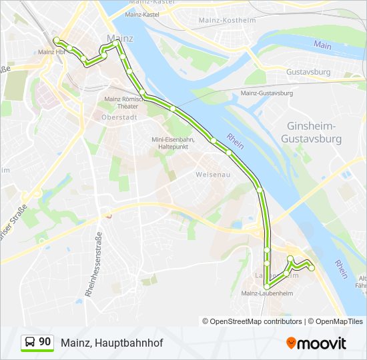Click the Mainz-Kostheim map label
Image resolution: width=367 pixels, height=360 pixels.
[228, 21]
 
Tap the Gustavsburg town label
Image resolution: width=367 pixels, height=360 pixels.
[308, 71]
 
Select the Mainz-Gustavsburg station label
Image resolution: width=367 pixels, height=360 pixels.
[268, 93]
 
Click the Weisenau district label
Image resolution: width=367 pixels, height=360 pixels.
[213, 174]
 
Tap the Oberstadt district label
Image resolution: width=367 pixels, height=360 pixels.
[119, 117]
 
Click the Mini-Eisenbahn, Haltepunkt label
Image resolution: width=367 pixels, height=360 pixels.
[172, 143]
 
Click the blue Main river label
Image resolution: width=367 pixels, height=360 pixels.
[322, 45]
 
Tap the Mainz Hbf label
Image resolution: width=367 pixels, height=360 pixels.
[51, 51]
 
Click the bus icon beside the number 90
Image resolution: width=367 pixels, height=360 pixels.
[30, 343]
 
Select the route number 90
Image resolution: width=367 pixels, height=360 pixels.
[45, 342]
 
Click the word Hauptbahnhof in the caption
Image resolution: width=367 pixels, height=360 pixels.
[129, 343]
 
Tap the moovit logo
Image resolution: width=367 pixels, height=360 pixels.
[316, 343]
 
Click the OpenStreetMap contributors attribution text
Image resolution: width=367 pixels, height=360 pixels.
[256, 321]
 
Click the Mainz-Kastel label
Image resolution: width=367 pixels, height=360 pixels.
[141, 13]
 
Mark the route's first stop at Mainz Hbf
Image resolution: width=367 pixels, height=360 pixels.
[57, 40]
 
